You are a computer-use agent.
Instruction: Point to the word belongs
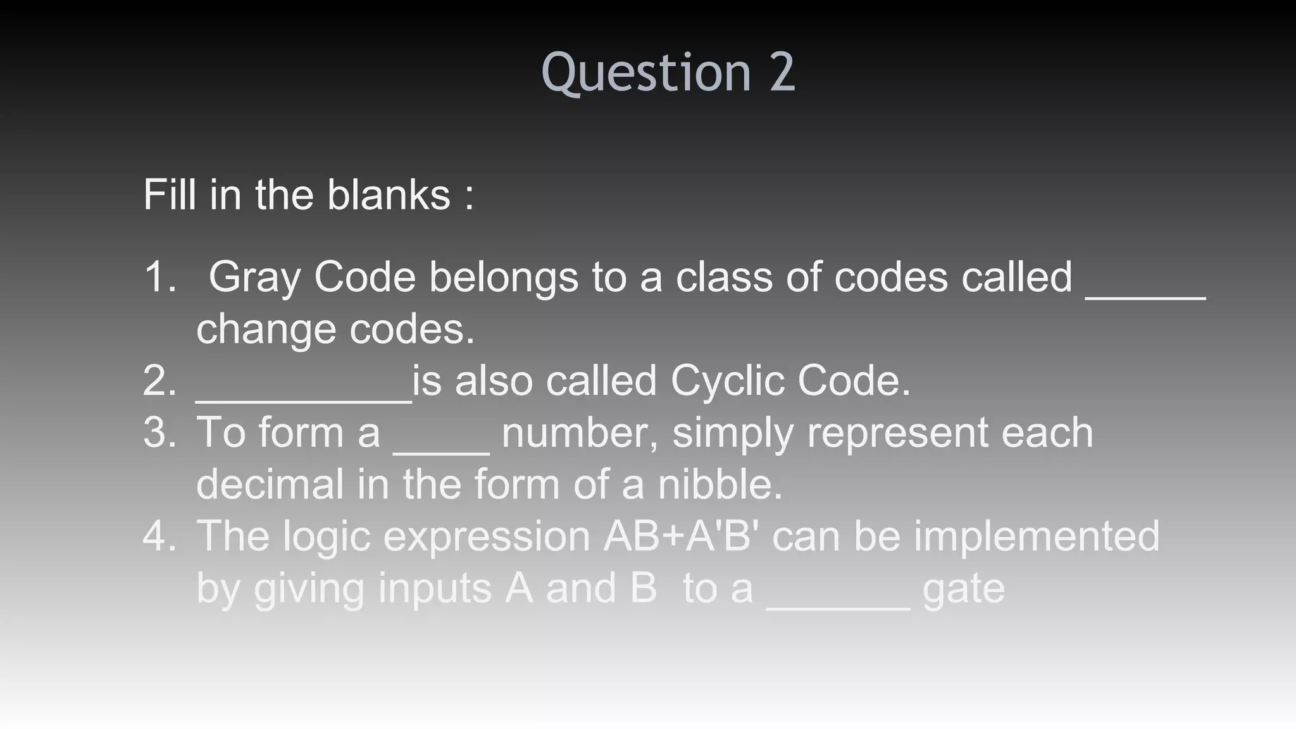pyautogui.click(x=504, y=278)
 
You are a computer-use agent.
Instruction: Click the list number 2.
pyautogui.click(x=159, y=381)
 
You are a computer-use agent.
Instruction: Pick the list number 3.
pyautogui.click(x=159, y=433)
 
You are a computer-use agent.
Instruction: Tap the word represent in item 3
pyautogui.click(x=897, y=434)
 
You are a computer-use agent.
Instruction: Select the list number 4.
pyautogui.click(x=159, y=537)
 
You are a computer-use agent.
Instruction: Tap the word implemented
pyautogui.click(x=1037, y=537)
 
